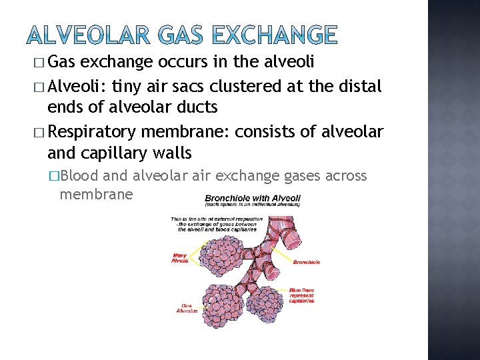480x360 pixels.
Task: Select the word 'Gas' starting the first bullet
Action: tap(63, 63)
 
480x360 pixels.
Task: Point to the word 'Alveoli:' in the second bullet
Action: tap(75, 86)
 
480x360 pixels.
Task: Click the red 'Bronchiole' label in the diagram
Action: tap(306, 262)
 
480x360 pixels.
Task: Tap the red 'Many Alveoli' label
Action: tap(179, 257)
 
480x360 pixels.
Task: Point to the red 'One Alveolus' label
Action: tap(187, 308)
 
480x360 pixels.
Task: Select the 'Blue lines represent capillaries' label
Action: tap(302, 295)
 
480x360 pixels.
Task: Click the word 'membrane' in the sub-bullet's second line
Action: tap(96, 194)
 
